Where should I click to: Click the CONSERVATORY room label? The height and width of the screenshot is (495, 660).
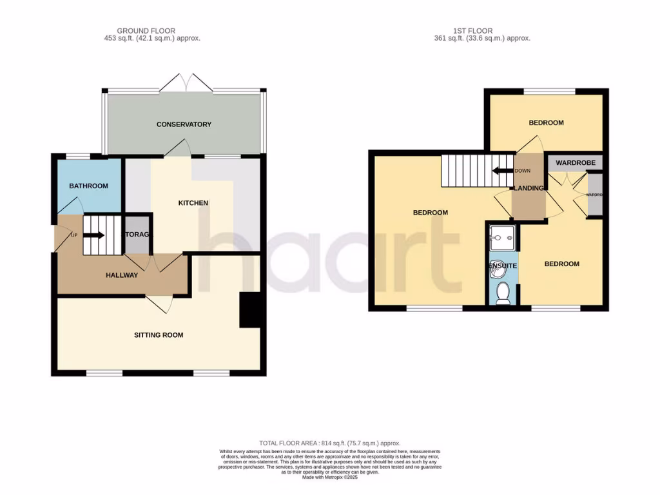pyautogui.click(x=184, y=124)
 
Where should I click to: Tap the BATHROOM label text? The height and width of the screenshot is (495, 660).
pyautogui.click(x=88, y=186)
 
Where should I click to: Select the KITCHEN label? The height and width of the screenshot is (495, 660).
pyautogui.click(x=193, y=203)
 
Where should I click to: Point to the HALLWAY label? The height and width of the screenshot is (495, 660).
pyautogui.click(x=122, y=275)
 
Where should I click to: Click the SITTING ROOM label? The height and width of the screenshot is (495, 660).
pyautogui.click(x=159, y=335)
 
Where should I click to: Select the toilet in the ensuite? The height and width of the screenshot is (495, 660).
pyautogui.click(x=503, y=293)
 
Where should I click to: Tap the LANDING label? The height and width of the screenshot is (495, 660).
pyautogui.click(x=528, y=188)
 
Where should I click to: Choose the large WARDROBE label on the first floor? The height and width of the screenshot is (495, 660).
pyautogui.click(x=575, y=163)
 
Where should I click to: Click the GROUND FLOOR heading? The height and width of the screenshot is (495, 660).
pyautogui.click(x=146, y=30)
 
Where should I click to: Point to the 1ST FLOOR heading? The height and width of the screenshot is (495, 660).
pyautogui.click(x=482, y=30)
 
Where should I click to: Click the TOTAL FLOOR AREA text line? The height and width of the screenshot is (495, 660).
pyautogui.click(x=329, y=443)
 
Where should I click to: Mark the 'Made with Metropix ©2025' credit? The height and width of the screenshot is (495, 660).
pyautogui.click(x=329, y=477)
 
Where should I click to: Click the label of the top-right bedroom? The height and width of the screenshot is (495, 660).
pyautogui.click(x=546, y=122)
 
